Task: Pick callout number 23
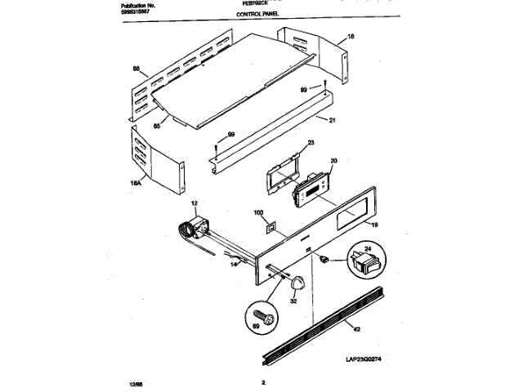click(x=311, y=143)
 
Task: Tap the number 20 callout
click(x=333, y=161)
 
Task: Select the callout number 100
click(x=259, y=214)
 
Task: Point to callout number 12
click(x=194, y=202)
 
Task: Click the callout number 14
click(x=233, y=265)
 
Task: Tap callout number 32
click(x=293, y=301)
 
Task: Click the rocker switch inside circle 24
click(x=365, y=264)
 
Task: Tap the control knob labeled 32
click(x=297, y=283)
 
